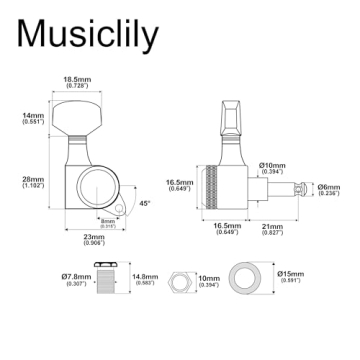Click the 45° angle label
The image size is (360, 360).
click(145, 203)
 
